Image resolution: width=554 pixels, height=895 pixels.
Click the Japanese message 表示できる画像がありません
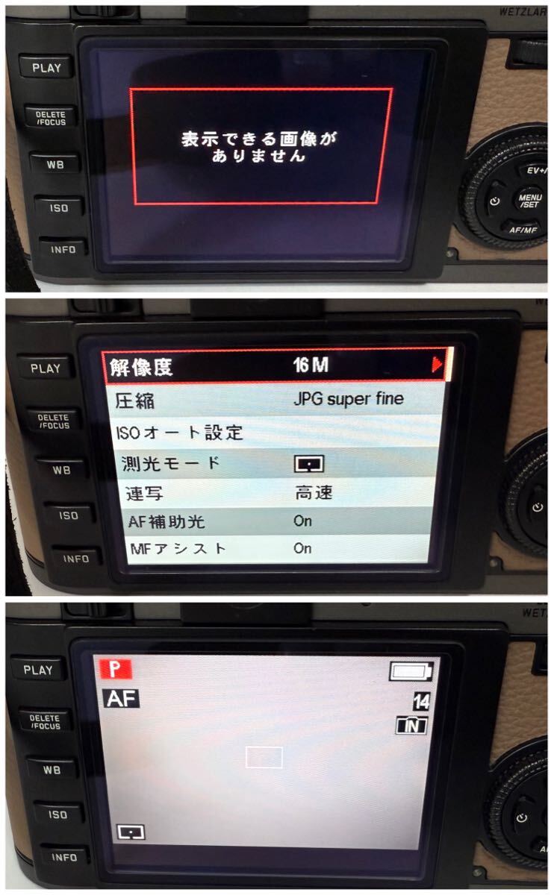(259, 147)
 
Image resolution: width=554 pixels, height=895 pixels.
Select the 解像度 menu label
(141, 366)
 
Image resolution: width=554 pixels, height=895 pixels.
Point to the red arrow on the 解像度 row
(437, 365)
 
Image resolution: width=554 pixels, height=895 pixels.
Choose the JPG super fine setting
(348, 398)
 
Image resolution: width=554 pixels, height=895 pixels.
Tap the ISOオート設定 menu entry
(180, 432)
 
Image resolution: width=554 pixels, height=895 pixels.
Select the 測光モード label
(171, 462)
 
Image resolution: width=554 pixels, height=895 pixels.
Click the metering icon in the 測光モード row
(309, 465)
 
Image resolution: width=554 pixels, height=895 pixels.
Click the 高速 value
(313, 493)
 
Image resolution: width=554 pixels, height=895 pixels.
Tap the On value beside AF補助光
(302, 521)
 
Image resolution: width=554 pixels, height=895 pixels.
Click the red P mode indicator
(116, 669)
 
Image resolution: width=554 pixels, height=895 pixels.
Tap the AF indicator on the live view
(121, 698)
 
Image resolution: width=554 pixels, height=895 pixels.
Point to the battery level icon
(411, 672)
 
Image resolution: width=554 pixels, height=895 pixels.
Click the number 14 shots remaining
(421, 701)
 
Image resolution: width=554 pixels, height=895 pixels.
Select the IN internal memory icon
(411, 726)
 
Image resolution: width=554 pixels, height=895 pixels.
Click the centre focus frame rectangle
(264, 757)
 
